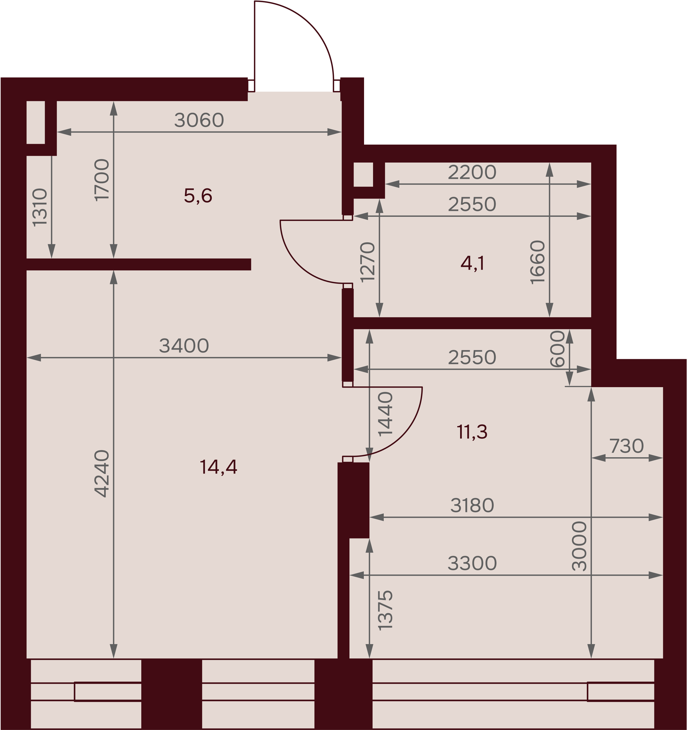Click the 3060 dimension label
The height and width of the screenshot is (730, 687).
click(x=199, y=120)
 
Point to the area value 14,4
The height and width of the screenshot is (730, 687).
click(x=218, y=467)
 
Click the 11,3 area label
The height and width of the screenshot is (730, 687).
click(x=472, y=432)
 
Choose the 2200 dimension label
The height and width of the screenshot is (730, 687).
click(x=472, y=172)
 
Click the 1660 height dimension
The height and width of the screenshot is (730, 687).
click(x=538, y=262)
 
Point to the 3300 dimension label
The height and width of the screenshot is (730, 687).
click(x=472, y=563)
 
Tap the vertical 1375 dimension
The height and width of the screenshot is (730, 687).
click(x=385, y=610)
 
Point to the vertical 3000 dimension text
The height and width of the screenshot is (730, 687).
click(x=580, y=546)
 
